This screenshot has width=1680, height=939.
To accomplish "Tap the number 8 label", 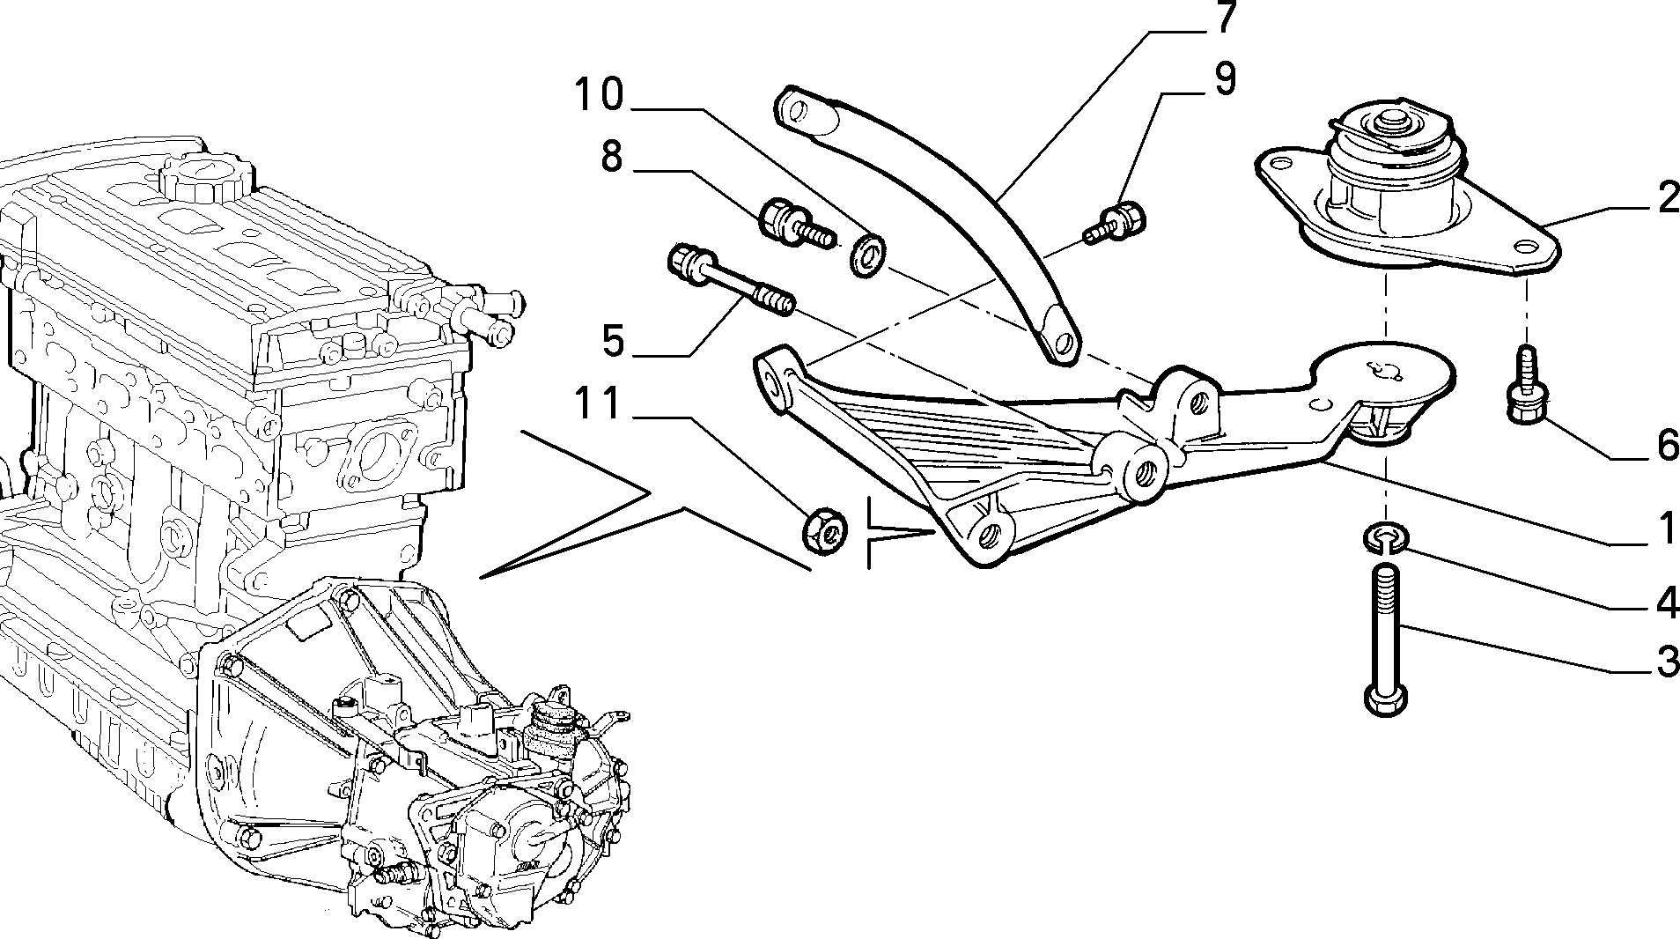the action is coord(613,157).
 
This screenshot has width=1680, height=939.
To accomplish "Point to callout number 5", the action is coord(615,340).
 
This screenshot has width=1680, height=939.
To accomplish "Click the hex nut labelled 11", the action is coord(825,529).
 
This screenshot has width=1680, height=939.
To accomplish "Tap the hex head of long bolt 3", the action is coord(1385,699).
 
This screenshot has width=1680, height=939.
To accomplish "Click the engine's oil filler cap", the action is coord(204,171).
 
